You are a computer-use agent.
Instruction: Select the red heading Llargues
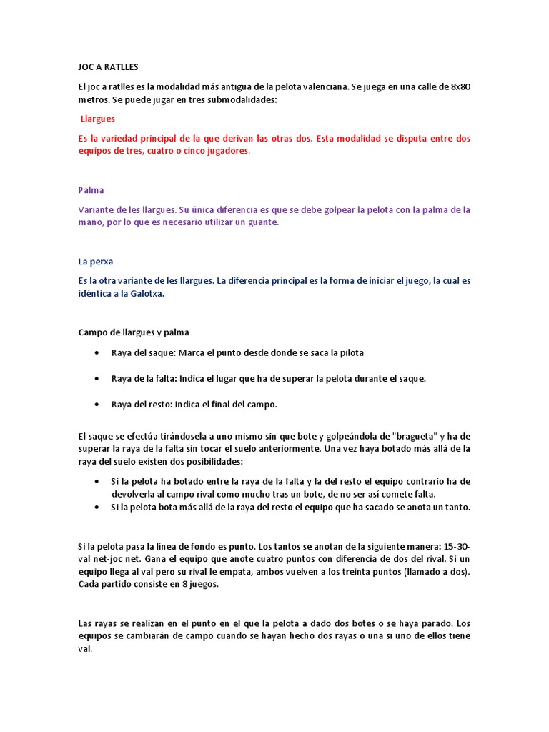98,119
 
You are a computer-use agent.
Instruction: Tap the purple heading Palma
91,190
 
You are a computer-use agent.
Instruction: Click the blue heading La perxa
96,262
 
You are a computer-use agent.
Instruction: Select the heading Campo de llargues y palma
134,332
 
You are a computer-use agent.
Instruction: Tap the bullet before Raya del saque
97,353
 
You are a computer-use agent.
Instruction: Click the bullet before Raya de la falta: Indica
97,379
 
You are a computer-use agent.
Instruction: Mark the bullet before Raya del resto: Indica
97,405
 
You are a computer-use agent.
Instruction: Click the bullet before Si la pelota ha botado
97,481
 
